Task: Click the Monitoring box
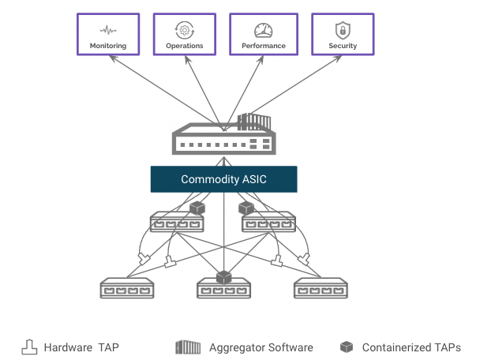(x=108, y=33)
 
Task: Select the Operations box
(x=185, y=33)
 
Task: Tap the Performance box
(x=263, y=33)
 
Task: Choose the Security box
(x=342, y=33)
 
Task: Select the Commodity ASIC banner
(x=223, y=179)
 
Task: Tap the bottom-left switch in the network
(x=127, y=288)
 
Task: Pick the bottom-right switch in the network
(x=321, y=288)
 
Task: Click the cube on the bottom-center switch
(x=224, y=277)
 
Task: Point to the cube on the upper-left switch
(x=197, y=208)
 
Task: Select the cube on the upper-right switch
(x=246, y=208)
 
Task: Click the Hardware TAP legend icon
(x=29, y=347)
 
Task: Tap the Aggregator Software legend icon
(x=188, y=347)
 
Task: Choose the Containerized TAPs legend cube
(x=346, y=347)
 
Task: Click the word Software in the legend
(x=288, y=347)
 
